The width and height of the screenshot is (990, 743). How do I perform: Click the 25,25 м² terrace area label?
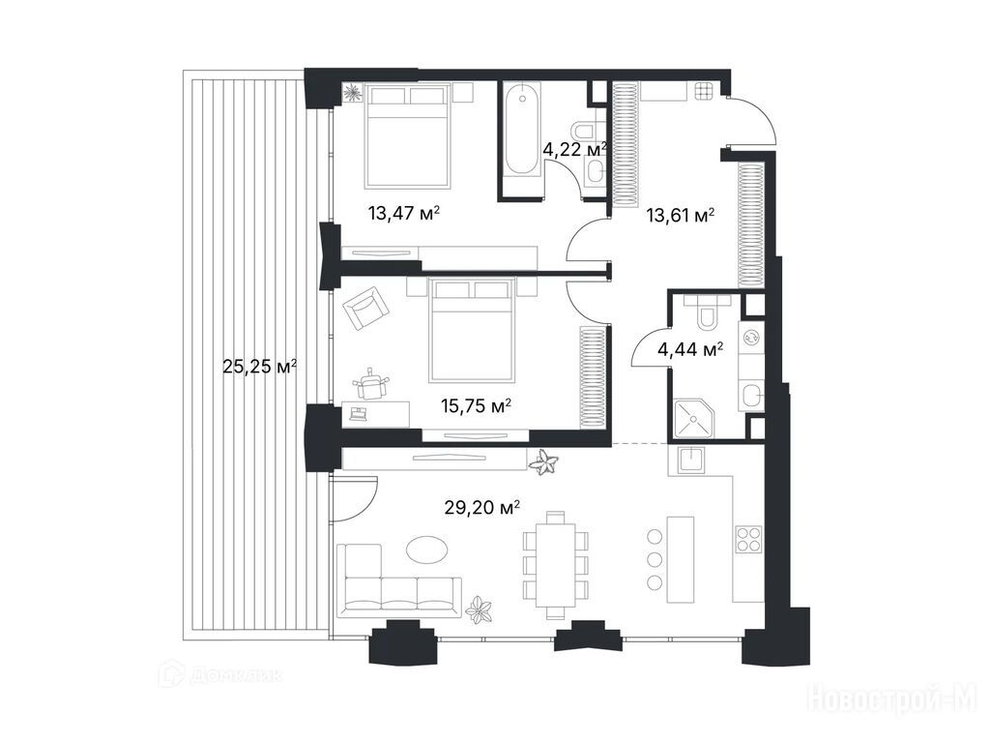point(260,367)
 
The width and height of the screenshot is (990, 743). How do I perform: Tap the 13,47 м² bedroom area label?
point(403,214)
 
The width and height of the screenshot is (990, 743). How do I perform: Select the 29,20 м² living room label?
point(482,507)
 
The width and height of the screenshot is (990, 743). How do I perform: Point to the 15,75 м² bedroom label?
point(476,405)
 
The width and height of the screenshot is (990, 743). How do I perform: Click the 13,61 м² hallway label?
point(680,216)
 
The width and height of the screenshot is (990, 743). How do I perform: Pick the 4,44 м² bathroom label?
point(690,348)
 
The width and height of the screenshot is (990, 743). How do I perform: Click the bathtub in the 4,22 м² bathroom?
point(522,131)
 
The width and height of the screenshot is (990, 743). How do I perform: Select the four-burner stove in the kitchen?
point(749,540)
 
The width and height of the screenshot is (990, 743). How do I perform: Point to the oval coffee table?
point(426,549)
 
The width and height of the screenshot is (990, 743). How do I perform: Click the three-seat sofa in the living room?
point(399,581)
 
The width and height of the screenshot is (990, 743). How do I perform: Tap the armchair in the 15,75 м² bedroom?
point(366,309)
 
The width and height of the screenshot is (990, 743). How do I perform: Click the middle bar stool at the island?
point(655,558)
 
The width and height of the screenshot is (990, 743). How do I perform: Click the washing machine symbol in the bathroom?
point(751,338)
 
